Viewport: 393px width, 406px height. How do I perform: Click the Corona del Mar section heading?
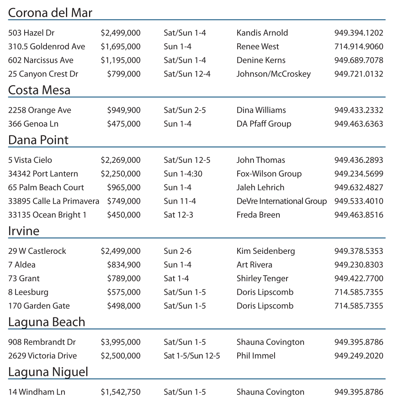click(50, 13)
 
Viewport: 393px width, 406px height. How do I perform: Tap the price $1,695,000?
click(120, 46)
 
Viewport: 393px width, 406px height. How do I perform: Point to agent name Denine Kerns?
click(261, 60)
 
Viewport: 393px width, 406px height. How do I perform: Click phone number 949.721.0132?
click(359, 74)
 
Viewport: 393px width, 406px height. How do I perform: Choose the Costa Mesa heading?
click(39, 90)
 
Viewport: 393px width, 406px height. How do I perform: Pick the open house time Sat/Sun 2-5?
click(185, 110)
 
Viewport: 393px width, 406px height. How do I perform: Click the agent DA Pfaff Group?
click(264, 124)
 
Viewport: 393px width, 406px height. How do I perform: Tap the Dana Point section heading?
click(38, 140)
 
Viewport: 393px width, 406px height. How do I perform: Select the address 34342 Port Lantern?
click(43, 174)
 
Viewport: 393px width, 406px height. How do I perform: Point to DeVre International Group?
click(281, 201)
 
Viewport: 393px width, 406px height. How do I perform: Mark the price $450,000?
click(124, 215)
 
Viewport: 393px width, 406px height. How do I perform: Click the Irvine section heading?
click(23, 231)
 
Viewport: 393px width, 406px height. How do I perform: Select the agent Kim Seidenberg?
click(265, 251)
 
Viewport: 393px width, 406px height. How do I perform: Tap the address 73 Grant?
click(24, 278)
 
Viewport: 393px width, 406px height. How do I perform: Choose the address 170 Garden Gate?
click(39, 306)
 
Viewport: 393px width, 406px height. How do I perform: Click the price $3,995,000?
click(120, 342)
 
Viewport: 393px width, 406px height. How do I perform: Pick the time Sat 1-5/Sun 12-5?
click(192, 356)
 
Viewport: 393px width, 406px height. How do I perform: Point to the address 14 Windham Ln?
click(37, 392)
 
